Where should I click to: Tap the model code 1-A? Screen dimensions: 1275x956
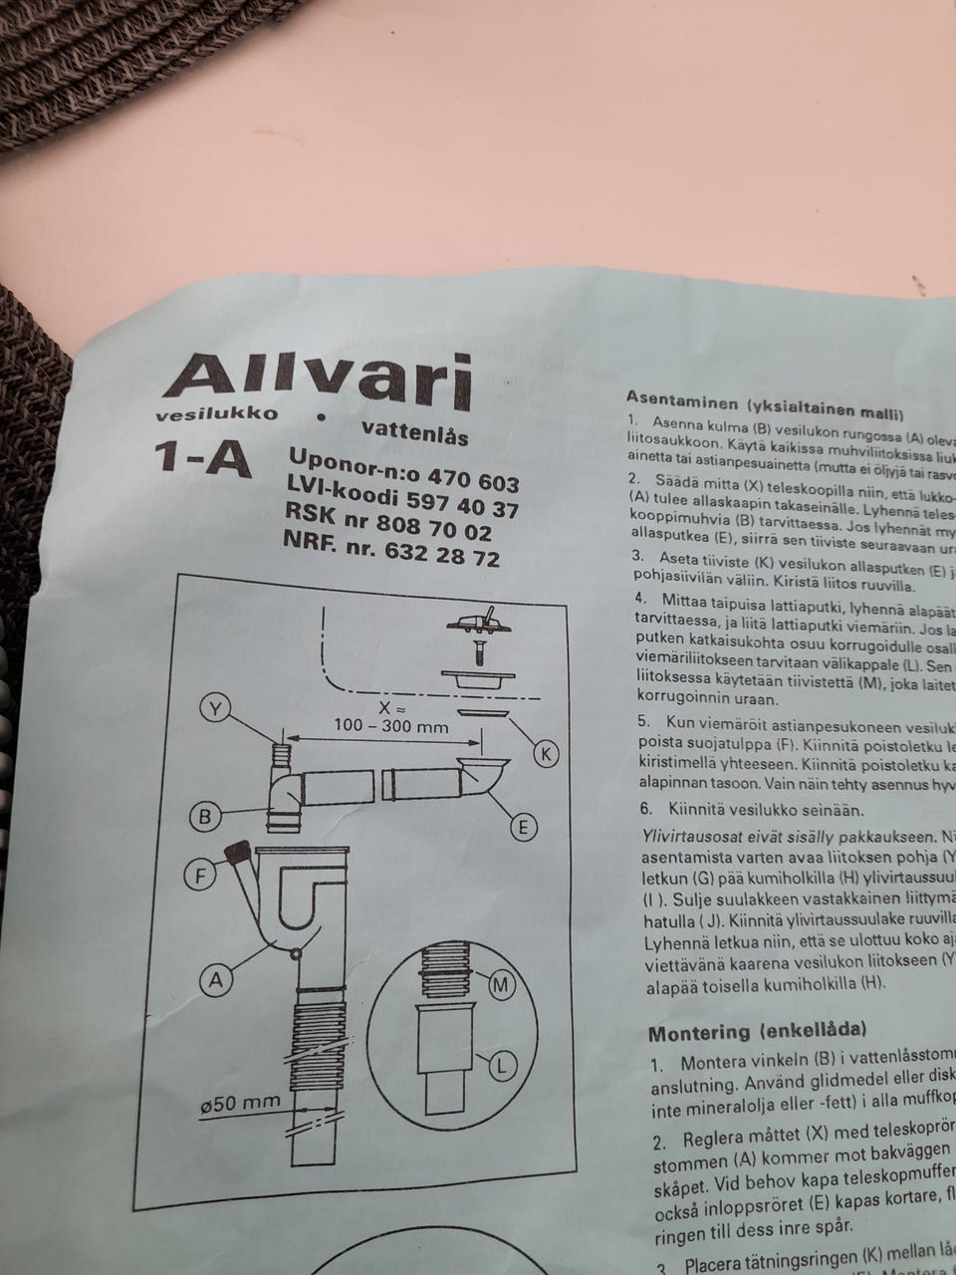tap(199, 458)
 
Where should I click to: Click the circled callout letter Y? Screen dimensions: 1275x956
tap(216, 708)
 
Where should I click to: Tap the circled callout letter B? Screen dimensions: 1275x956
tap(205, 817)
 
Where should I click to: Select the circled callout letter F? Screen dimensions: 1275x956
tap(201, 877)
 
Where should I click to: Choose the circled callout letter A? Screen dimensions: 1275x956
tap(215, 980)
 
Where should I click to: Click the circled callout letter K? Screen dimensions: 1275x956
tap(546, 754)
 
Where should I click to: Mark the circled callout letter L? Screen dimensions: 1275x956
tap(503, 1066)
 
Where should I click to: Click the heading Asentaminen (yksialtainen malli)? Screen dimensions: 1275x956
tap(765, 404)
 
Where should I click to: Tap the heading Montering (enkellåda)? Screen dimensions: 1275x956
tap(757, 1031)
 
